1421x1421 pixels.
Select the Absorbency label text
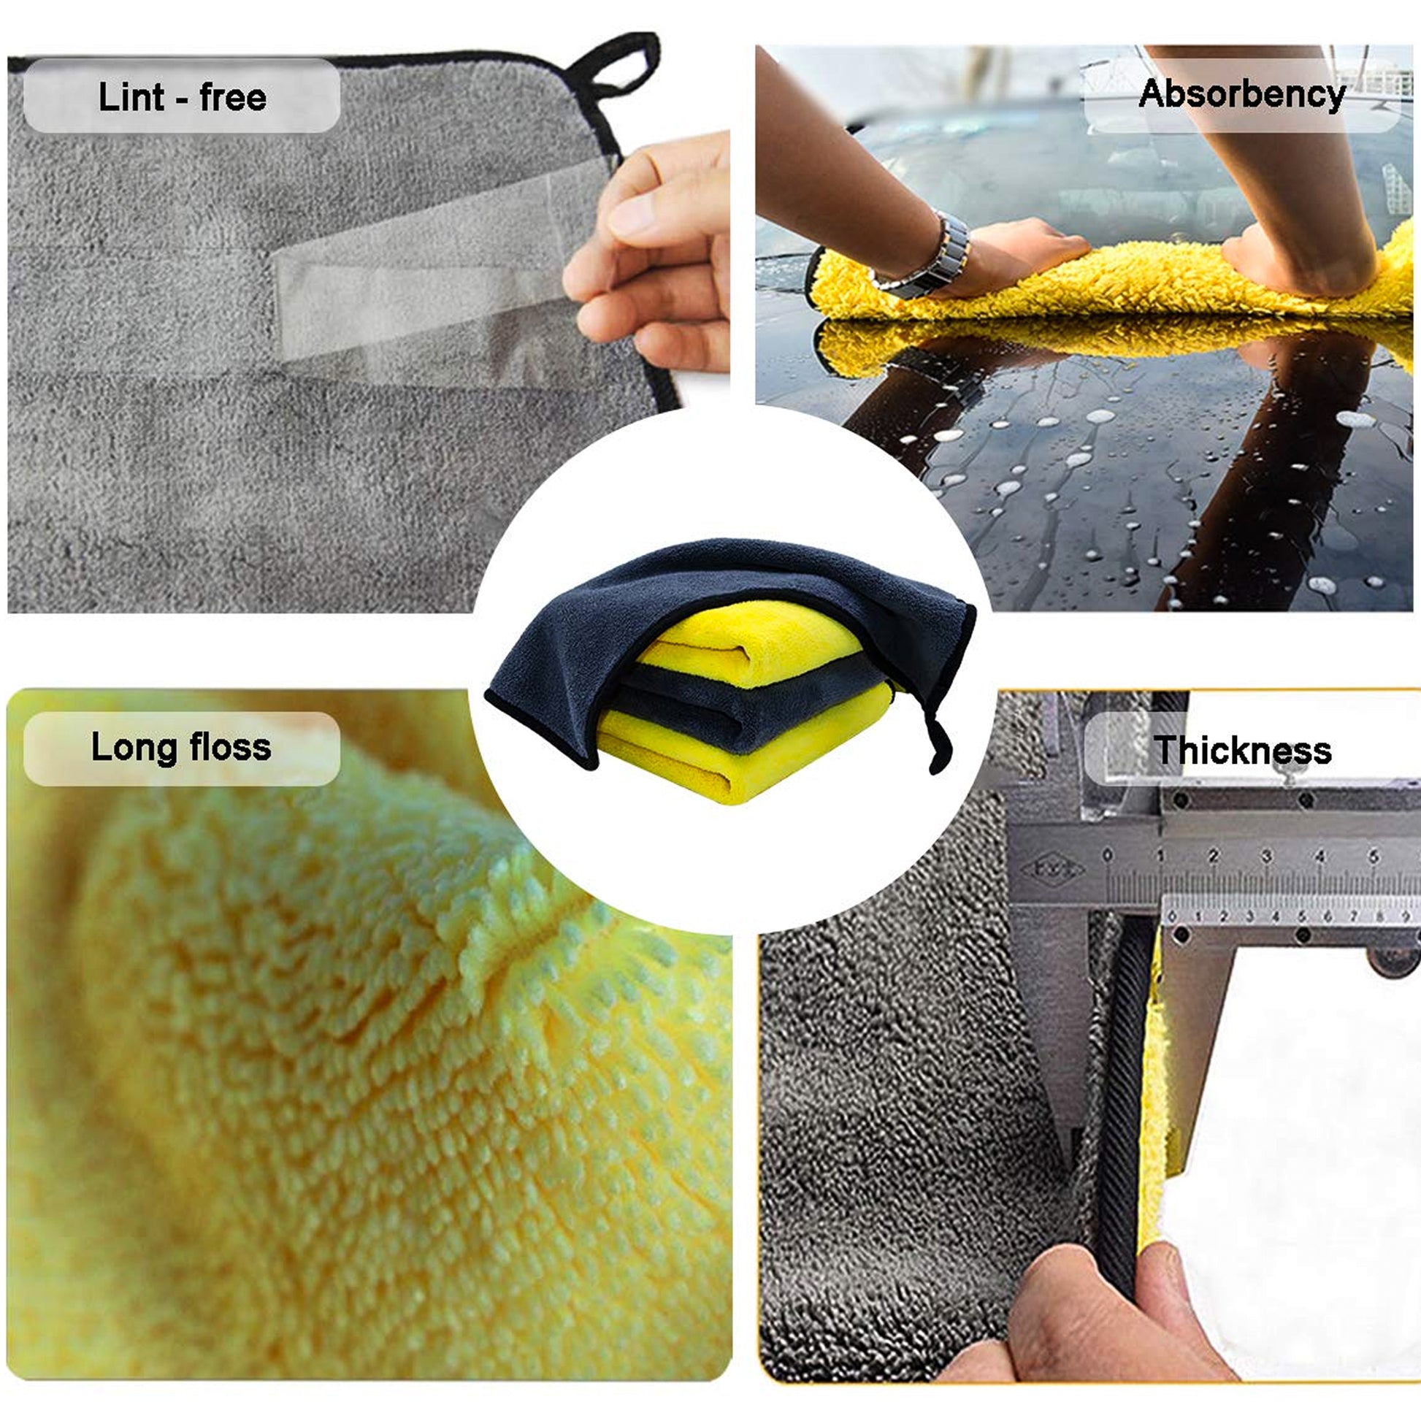coord(1241,95)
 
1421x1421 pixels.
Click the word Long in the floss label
coord(134,748)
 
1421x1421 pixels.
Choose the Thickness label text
coord(1243,751)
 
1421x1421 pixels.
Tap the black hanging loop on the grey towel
coord(616,70)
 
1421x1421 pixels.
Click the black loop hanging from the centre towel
coord(940,743)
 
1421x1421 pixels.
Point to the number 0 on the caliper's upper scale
coord(1108,855)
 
